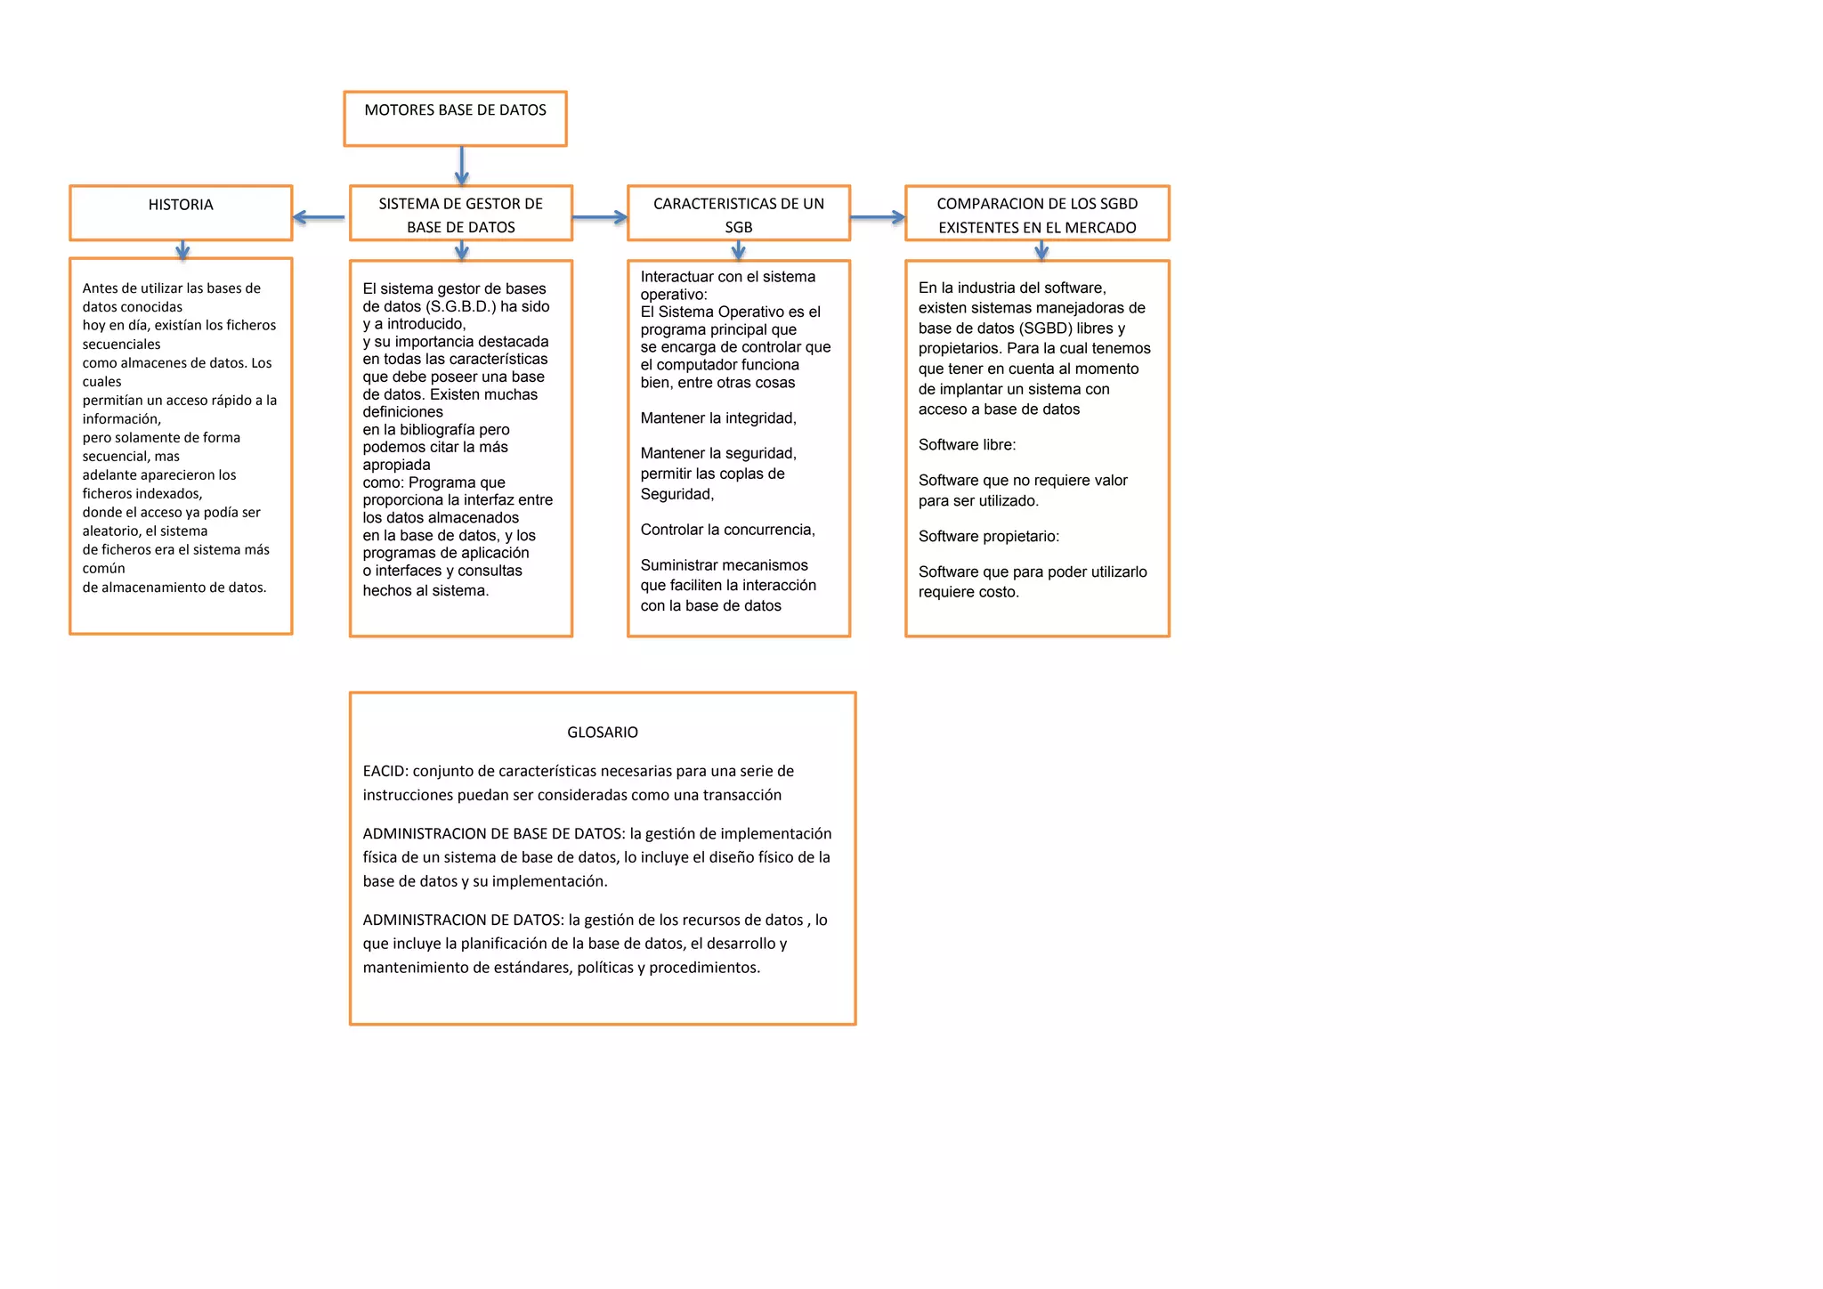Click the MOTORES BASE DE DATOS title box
point(455,118)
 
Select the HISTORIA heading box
point(181,212)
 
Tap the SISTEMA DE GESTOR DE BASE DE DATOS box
point(460,214)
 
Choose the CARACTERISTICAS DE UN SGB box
point(738,214)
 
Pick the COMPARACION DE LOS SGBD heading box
point(1037,214)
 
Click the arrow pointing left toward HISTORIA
point(319,217)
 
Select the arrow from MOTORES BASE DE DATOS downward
point(461,166)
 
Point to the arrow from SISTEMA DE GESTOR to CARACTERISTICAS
point(600,217)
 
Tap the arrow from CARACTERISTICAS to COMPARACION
point(878,217)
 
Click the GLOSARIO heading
point(603,733)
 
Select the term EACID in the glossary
point(385,771)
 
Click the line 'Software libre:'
point(967,445)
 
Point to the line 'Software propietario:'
point(989,537)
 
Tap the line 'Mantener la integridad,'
point(718,418)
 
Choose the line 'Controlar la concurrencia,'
point(727,530)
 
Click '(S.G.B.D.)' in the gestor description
point(460,306)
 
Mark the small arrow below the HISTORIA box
point(182,250)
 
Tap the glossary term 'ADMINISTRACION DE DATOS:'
point(463,920)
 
